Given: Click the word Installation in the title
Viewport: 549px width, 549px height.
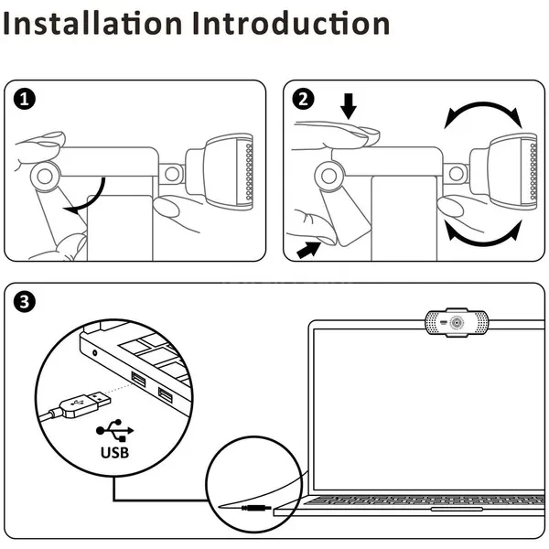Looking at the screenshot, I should pos(91,23).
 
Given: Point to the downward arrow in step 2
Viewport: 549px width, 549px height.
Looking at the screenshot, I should pos(348,107).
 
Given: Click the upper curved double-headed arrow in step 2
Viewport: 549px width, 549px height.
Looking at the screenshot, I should pos(482,113).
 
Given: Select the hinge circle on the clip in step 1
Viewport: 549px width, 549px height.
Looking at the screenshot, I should pos(45,173).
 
